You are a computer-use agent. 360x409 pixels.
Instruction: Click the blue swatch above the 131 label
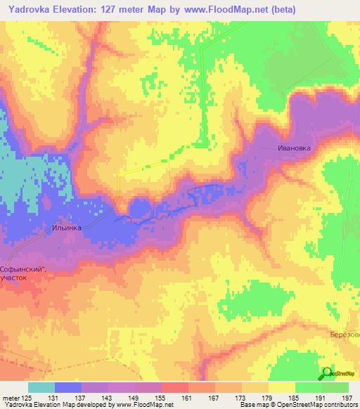[x=67, y=387]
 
